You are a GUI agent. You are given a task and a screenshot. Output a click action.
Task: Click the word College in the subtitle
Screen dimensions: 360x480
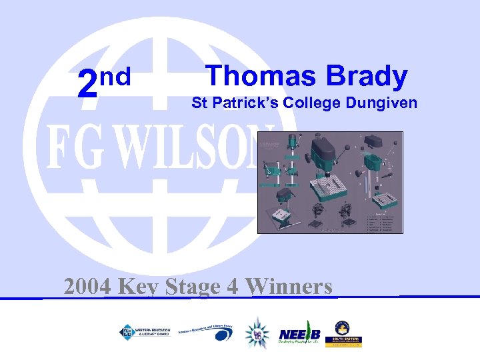click(x=313, y=104)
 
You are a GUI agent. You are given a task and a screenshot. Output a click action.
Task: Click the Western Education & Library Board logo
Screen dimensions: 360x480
click(x=144, y=331)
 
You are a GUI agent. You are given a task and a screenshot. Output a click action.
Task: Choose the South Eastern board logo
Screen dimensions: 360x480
click(x=343, y=333)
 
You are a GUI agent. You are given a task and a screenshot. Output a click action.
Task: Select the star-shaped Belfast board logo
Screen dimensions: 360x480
click(x=257, y=332)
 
